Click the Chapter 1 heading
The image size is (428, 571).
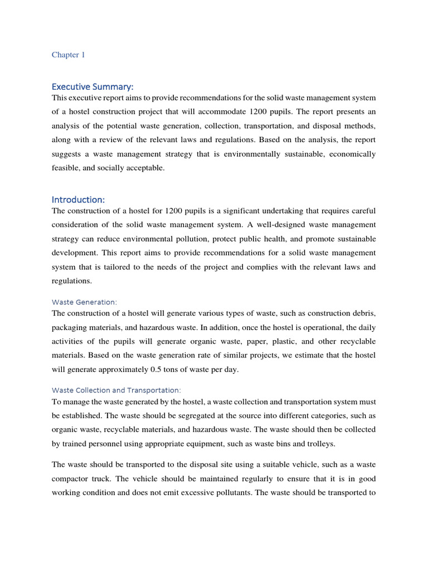point(69,55)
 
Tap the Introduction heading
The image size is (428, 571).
point(78,200)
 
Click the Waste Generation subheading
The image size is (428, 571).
point(84,302)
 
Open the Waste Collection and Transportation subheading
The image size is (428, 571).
point(116,390)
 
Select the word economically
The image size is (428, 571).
point(349,154)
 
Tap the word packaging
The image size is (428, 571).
point(72,327)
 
